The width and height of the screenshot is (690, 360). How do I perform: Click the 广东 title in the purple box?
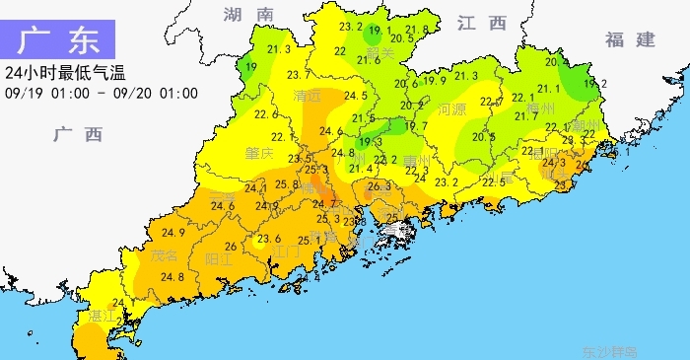pyautogui.click(x=59, y=41)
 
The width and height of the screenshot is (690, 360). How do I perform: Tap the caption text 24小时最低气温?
pyautogui.click(x=65, y=73)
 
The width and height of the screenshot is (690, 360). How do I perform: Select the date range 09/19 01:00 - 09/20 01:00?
pyautogui.click(x=102, y=94)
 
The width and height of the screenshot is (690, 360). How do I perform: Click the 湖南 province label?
pyautogui.click(x=247, y=14)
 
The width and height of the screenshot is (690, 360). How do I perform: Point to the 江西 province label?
pyautogui.click(x=481, y=23)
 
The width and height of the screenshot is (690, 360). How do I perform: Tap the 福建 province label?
pyautogui.click(x=631, y=39)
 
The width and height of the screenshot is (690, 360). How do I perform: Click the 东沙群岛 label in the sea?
pyautogui.click(x=609, y=350)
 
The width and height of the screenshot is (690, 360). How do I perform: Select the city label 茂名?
pyautogui.click(x=166, y=255)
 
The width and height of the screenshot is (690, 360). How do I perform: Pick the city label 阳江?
pyautogui.click(x=218, y=260)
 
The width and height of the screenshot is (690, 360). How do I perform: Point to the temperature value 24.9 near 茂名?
pyautogui.click(x=173, y=233)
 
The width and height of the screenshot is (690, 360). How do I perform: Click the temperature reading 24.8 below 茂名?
pyautogui.click(x=173, y=277)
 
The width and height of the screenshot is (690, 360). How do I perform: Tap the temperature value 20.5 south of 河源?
pyautogui.click(x=484, y=137)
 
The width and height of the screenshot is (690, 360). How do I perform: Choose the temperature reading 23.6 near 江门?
pyautogui.click(x=269, y=238)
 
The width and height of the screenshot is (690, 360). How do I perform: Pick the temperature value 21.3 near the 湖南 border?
pyautogui.click(x=279, y=49)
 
